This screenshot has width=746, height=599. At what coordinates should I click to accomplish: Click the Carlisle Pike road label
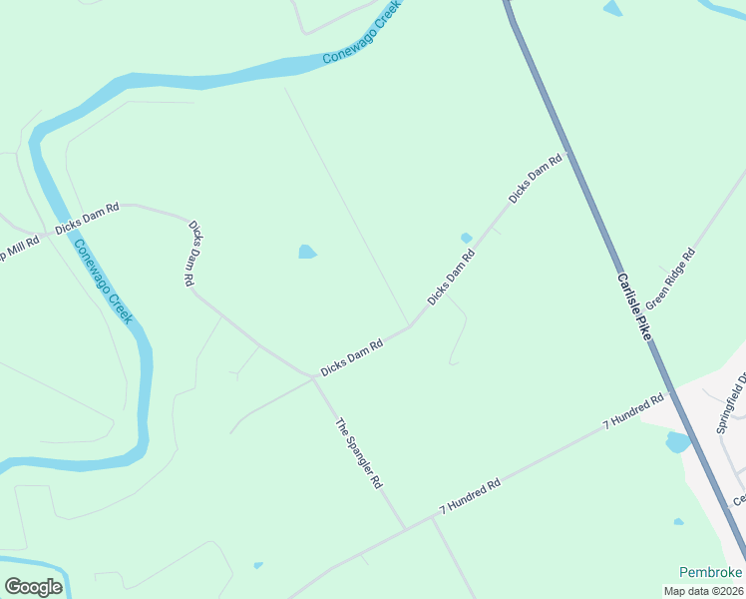(x=633, y=307)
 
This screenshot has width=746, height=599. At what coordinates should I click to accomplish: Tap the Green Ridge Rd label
(x=670, y=279)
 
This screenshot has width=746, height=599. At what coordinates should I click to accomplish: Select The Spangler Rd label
(x=359, y=452)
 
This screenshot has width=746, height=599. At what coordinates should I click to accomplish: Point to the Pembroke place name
(x=710, y=572)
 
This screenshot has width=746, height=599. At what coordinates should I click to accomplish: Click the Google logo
(x=33, y=586)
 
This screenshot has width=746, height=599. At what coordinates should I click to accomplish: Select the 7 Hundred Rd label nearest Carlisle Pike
(x=633, y=412)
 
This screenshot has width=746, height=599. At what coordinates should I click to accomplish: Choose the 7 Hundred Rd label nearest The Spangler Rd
(x=469, y=499)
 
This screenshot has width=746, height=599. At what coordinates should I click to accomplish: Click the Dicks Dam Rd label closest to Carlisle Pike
(x=536, y=179)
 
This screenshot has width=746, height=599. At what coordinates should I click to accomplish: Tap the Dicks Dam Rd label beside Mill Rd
(x=87, y=219)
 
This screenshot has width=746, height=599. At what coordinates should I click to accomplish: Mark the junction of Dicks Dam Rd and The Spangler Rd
(x=313, y=377)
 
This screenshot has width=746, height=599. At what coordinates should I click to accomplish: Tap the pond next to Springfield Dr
(x=676, y=441)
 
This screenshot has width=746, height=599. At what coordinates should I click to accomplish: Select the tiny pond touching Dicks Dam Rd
(x=466, y=238)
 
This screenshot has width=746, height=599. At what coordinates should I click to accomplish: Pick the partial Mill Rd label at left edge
(x=18, y=247)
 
